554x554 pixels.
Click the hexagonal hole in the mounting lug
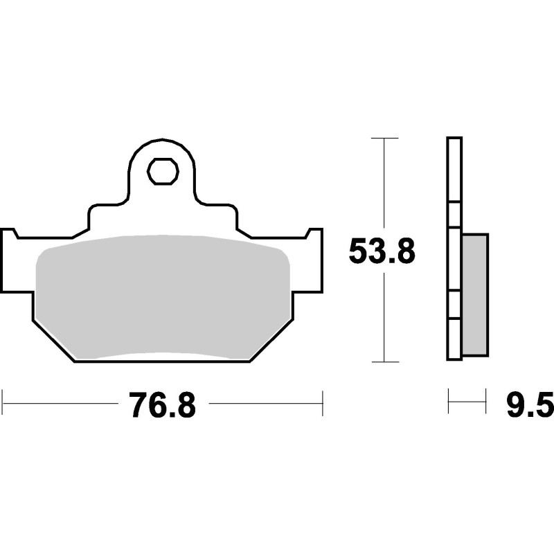[x=163, y=171]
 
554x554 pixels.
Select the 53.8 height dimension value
[x=382, y=252]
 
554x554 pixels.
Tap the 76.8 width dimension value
[x=162, y=405]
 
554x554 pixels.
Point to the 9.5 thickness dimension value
[x=530, y=405]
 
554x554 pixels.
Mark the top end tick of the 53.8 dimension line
[x=385, y=138]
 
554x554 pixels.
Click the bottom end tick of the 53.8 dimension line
[x=385, y=361]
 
